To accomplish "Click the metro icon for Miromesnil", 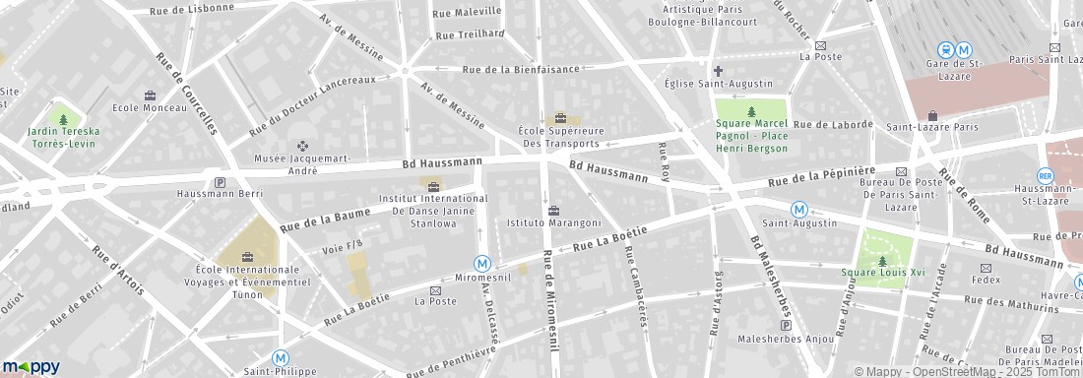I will pyautogui.click(x=482, y=264).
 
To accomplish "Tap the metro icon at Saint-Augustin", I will pyautogui.click(x=800, y=209).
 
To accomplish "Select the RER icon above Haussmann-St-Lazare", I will pyautogui.click(x=1045, y=175).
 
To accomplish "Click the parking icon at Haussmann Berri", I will pyautogui.click(x=220, y=182).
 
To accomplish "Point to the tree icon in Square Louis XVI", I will pyautogui.click(x=882, y=261).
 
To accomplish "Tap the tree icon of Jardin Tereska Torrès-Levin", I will pyautogui.click(x=64, y=119).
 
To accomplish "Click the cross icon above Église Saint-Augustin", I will pyautogui.click(x=718, y=71).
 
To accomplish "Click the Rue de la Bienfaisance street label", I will pyautogui.click(x=521, y=69).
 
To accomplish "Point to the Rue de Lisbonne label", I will pyautogui.click(x=192, y=9).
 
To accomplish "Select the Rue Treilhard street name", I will pyautogui.click(x=470, y=34).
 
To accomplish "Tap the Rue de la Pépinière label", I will pyautogui.click(x=821, y=178).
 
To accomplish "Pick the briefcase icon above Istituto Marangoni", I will pyautogui.click(x=553, y=211).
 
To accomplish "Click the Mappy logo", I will pyautogui.click(x=31, y=367).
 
